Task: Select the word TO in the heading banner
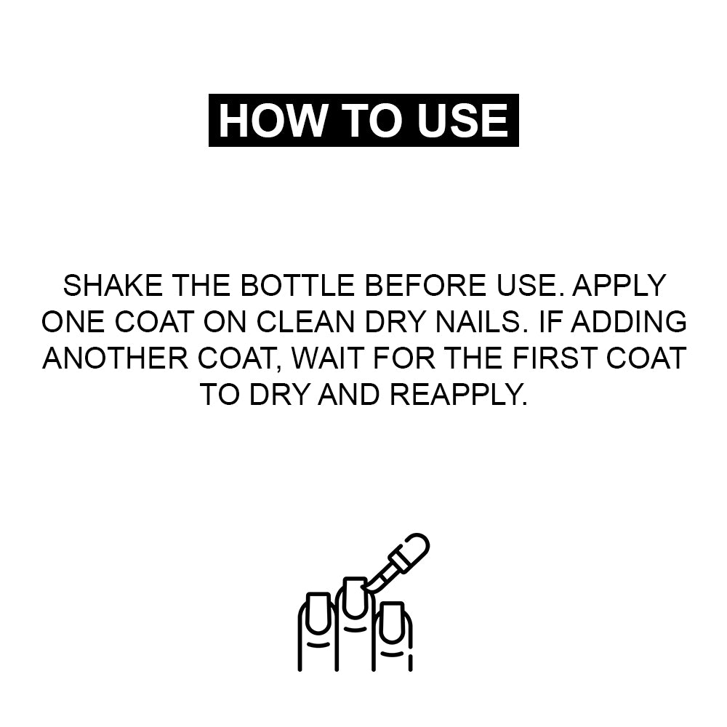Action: coord(371,121)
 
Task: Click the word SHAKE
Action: coord(113,285)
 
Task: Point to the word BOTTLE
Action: coord(297,285)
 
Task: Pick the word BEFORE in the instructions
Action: coord(425,285)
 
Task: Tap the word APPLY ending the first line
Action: coord(619,285)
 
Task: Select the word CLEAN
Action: coord(305,321)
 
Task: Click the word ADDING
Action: coord(628,321)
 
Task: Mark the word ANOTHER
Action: coord(116,358)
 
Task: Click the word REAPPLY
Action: coord(458,395)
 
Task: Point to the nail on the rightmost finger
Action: coord(392,623)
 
